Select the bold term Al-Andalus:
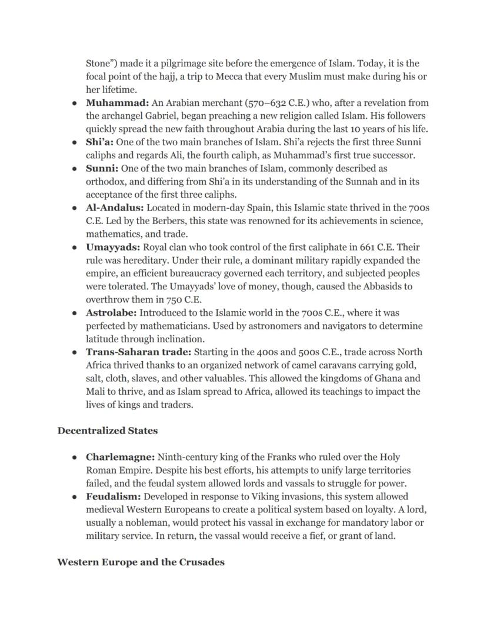point(115,208)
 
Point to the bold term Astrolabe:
point(111,313)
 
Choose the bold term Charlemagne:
point(121,457)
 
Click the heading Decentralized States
point(108,431)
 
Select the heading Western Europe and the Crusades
point(141,562)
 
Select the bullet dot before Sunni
point(75,169)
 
